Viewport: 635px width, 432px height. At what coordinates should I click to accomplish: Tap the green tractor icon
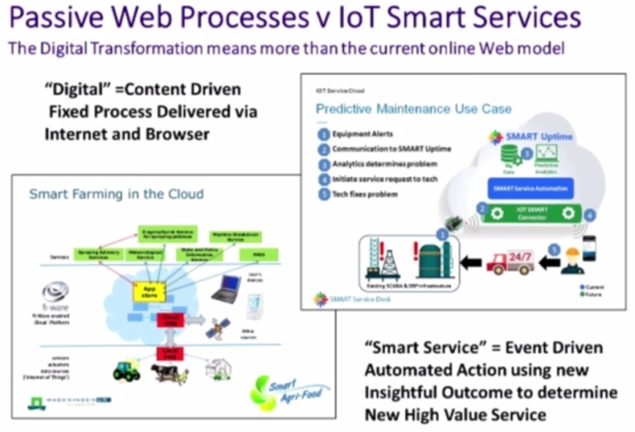click(x=126, y=371)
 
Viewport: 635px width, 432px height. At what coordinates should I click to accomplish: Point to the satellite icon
click(x=217, y=329)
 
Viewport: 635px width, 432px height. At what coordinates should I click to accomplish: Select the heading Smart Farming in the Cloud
click(x=117, y=194)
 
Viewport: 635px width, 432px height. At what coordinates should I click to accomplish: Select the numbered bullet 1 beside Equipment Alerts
click(x=322, y=134)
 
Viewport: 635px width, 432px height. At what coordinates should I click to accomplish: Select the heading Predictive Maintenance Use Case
click(x=413, y=109)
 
